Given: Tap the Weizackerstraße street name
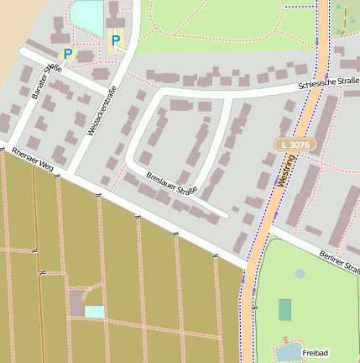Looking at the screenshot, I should [x=101, y=114].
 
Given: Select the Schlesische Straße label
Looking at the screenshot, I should [x=329, y=84].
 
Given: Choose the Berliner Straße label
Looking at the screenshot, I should [x=339, y=264].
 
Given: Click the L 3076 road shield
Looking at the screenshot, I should [x=295, y=145].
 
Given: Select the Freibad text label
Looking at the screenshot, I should [x=316, y=352].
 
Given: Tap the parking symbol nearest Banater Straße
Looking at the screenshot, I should [x=68, y=54].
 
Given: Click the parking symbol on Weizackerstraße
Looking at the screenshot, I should [x=115, y=39].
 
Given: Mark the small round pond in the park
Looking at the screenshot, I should [x=300, y=274].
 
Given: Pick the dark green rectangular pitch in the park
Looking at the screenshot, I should [x=285, y=310].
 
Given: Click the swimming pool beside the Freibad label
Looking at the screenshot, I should [x=289, y=350].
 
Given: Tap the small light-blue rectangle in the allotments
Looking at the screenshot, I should [x=94, y=312].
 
